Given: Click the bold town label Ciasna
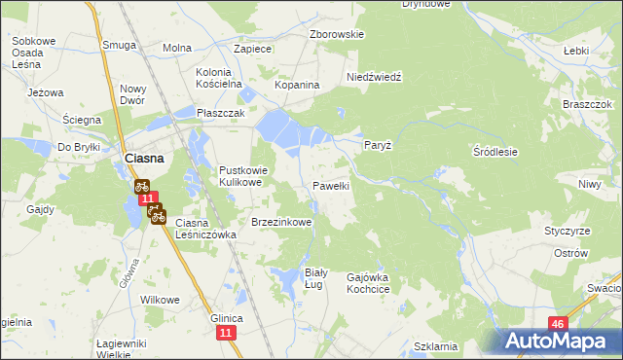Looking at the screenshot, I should coord(142,158).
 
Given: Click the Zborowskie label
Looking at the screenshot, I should coord(336,34).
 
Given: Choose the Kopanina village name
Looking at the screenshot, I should coord(297,85).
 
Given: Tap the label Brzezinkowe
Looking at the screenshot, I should coord(281,222).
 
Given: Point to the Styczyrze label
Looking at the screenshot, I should coord(568,231).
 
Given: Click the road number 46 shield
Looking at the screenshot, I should coord(557,324).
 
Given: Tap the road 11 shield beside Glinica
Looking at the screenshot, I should coord(227,334).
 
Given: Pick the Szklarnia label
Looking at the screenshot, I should coord(435,346).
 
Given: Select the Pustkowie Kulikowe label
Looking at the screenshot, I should coord(241,175).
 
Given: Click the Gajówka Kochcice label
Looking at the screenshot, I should coord(368,283).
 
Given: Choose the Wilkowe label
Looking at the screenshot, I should coord(161,300).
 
